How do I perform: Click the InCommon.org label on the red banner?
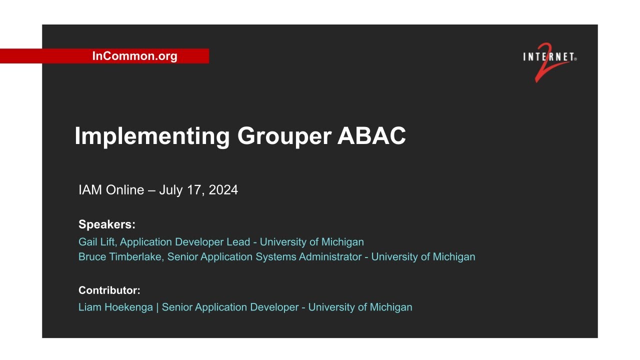click(134, 56)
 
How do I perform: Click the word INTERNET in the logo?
click(549, 57)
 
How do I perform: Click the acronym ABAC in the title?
click(371, 136)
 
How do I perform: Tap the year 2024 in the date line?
click(223, 190)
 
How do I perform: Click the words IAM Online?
click(111, 190)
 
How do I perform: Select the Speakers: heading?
click(107, 224)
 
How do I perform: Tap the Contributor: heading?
click(109, 290)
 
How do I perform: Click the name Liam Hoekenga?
click(115, 307)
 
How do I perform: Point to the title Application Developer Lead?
click(185, 242)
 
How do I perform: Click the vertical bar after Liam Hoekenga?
click(157, 307)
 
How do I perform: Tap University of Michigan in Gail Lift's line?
click(312, 242)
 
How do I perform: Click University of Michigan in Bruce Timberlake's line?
click(423, 257)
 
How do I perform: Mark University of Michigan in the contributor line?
click(360, 307)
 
